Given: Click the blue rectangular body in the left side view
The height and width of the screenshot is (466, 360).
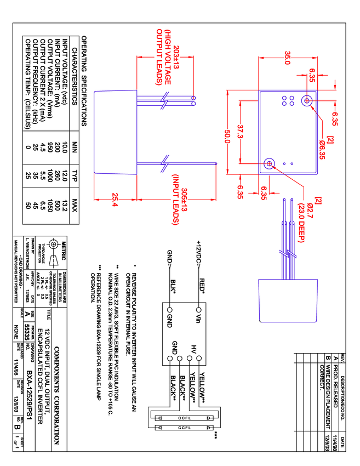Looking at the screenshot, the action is click(x=115, y=132).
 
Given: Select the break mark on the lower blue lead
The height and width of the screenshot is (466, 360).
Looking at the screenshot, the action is click(x=164, y=163).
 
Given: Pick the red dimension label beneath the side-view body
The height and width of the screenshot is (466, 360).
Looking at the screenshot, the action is click(x=115, y=200).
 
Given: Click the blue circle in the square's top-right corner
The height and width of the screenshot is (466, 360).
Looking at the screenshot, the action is click(x=308, y=100).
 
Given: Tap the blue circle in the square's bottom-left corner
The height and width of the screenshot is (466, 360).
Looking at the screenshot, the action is click(x=268, y=163).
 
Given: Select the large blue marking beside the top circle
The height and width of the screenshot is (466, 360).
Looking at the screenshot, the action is click(x=288, y=101).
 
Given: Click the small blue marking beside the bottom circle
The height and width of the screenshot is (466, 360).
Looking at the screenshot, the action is click(x=288, y=163).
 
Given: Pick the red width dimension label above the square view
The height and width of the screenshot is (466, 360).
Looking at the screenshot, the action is click(x=287, y=57).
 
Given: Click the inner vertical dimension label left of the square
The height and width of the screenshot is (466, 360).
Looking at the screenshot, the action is click(x=240, y=132).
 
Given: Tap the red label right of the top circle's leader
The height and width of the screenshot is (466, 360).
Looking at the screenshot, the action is click(x=335, y=118).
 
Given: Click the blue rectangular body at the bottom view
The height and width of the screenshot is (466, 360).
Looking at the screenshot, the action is click(x=288, y=300).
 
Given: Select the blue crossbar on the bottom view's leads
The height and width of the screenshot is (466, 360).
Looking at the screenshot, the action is click(x=287, y=254).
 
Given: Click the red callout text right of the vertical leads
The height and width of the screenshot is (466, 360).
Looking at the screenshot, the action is click(x=302, y=221).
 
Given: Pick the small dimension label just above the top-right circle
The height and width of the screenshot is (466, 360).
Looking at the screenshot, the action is click(x=312, y=75).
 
